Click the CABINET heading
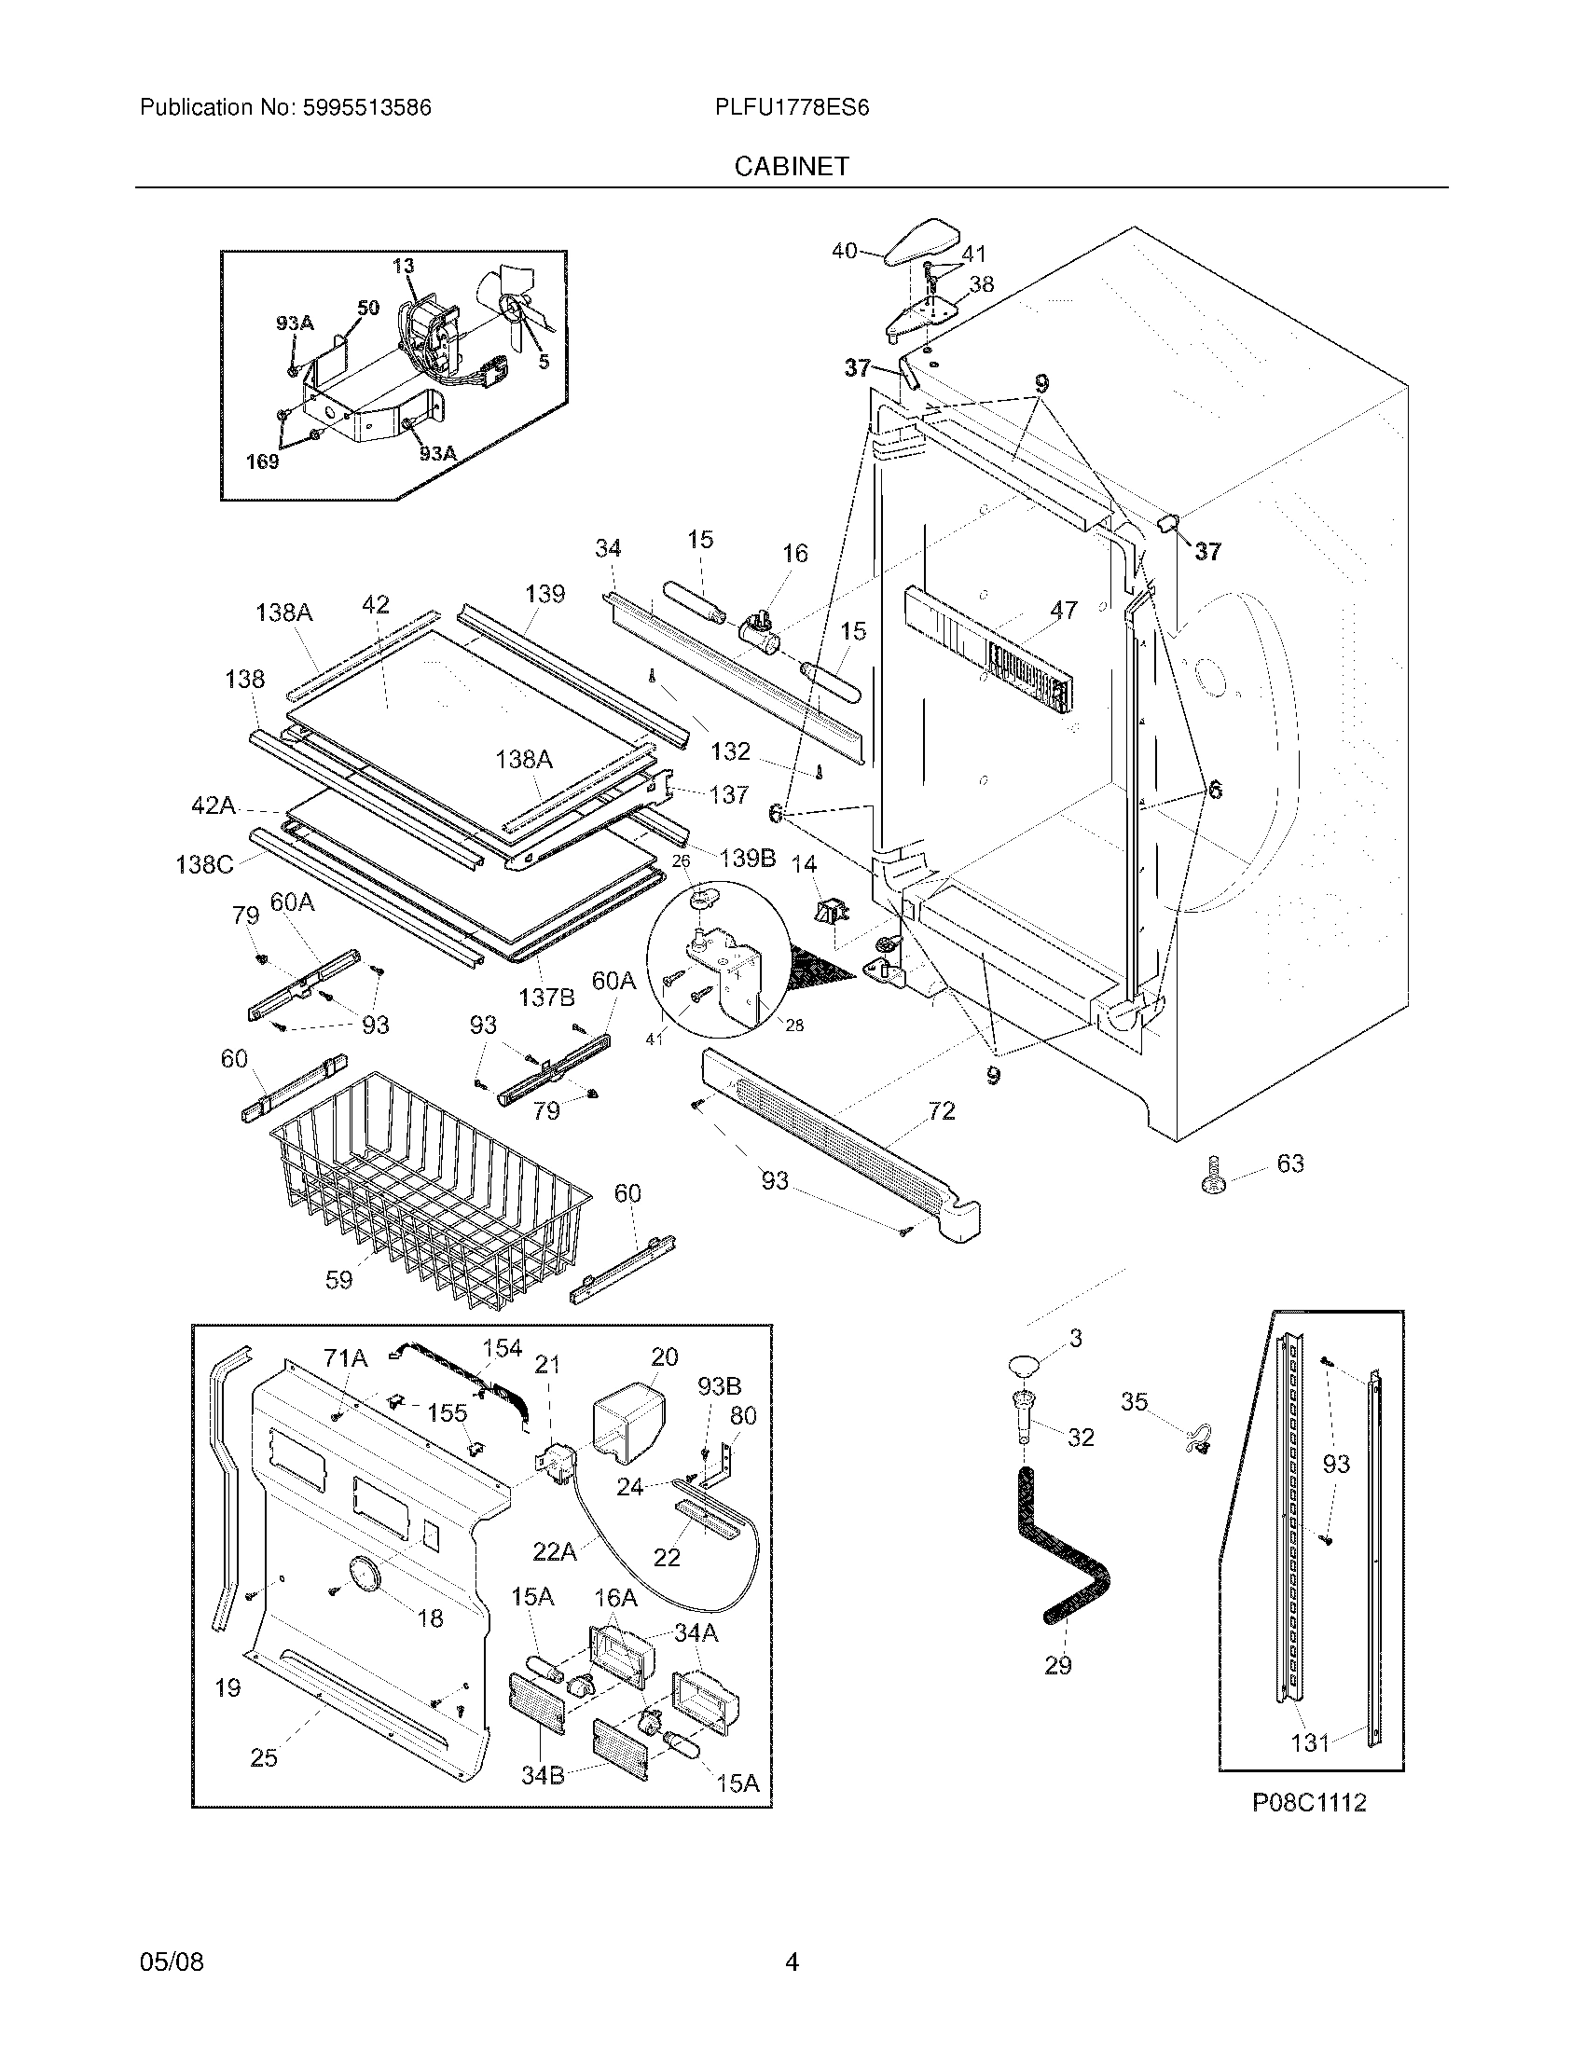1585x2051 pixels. click(792, 166)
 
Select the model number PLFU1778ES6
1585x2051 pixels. click(792, 108)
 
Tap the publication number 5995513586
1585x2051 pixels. click(367, 108)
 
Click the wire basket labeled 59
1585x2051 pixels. click(427, 1188)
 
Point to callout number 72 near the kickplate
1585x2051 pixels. click(941, 1111)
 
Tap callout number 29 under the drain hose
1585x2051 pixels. click(1057, 1665)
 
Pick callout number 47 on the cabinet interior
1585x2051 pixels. click(1063, 611)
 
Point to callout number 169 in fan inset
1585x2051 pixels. click(263, 462)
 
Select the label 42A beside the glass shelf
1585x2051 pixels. click(214, 805)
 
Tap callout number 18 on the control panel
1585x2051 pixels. click(429, 1617)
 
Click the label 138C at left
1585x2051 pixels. click(204, 863)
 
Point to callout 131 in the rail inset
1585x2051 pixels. click(1310, 1742)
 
